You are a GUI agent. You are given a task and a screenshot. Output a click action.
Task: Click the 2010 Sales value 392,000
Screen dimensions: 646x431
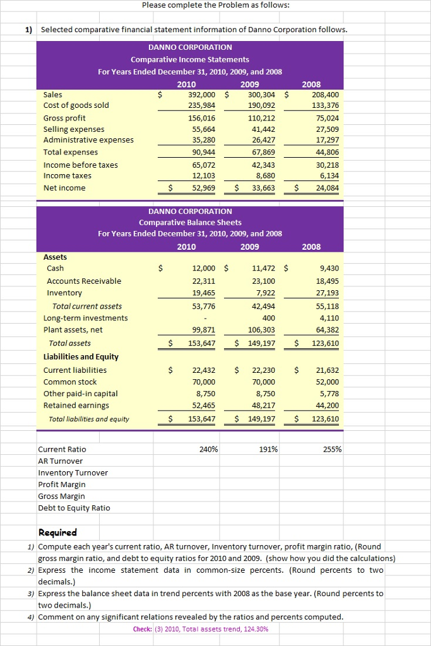(202, 94)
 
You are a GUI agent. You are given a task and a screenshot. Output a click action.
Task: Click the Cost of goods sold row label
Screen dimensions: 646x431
(76, 105)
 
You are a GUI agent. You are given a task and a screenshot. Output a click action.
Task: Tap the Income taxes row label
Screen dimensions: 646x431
(67, 176)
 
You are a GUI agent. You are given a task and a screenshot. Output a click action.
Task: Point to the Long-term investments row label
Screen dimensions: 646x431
(85, 318)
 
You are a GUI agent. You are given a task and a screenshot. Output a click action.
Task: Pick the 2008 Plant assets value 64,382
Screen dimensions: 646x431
(325, 330)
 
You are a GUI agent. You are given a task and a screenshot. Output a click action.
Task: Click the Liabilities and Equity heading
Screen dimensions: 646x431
(81, 356)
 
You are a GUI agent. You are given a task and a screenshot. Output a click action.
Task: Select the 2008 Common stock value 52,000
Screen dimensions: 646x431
(325, 382)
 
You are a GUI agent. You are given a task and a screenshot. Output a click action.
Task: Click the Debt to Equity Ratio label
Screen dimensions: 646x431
(74, 508)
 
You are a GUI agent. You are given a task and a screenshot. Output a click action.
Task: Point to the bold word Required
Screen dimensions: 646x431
(57, 532)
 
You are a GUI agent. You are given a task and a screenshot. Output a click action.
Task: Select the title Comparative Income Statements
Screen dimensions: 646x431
(190, 59)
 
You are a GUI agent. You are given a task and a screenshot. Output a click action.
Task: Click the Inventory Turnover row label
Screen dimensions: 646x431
(73, 473)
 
